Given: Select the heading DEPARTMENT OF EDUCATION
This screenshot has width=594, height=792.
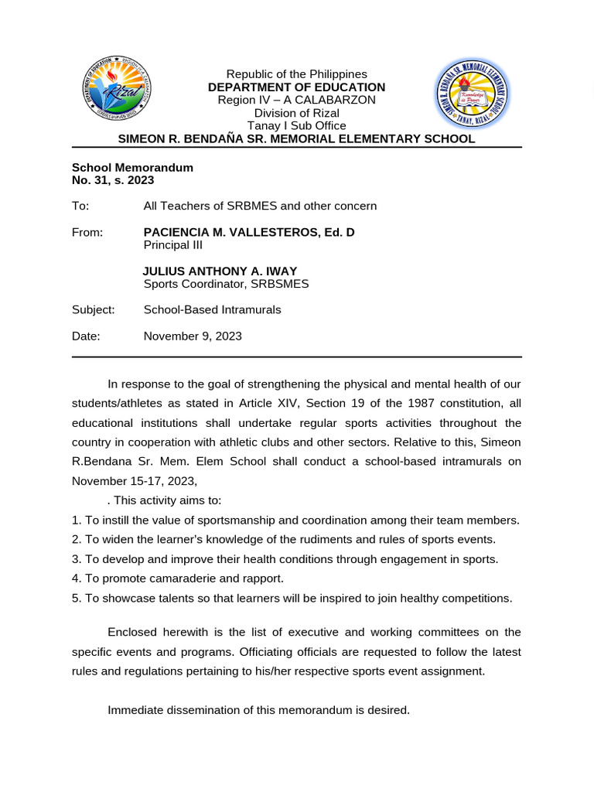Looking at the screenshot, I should pos(296,87).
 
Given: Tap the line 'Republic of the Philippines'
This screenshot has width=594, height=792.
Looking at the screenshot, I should pos(296,74).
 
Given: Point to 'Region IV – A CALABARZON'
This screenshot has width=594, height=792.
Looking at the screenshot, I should pos(296,100).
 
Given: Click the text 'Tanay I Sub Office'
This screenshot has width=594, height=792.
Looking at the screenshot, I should pos(296,125).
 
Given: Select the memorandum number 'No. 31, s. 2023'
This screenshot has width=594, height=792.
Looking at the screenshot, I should pos(113,180).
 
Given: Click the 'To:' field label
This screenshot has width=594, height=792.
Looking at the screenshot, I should pos(80,206).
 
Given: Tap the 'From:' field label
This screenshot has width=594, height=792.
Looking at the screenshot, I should pos(87,232).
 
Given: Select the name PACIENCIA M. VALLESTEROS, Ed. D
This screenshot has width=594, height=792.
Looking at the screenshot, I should pos(249,232).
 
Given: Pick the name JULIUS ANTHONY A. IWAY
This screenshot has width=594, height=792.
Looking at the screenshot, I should pos(220,271).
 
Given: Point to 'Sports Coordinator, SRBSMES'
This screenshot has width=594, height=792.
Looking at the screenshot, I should pos(226,284).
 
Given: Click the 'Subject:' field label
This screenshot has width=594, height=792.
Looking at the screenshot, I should pos(93,310).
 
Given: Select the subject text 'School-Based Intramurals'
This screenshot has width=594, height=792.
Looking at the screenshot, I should pos(213,310).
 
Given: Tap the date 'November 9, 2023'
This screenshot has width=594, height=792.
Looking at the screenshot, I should pos(193,336).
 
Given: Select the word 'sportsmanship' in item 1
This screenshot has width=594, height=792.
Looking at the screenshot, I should pos(203,520).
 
